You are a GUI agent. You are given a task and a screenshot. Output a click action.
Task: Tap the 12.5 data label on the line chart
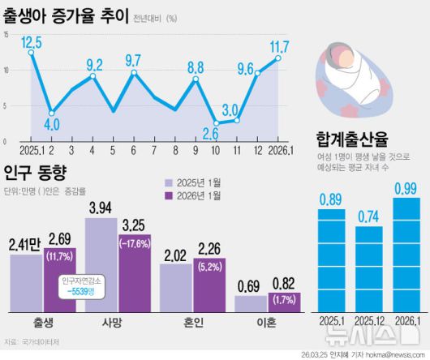(x=32, y=41)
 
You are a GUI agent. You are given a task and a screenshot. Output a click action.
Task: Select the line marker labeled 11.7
(x=278, y=58)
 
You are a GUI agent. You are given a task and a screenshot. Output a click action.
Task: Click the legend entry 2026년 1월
(x=200, y=195)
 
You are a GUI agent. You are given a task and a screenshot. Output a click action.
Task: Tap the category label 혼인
(x=191, y=322)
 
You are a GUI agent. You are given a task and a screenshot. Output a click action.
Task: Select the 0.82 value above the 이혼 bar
(x=284, y=284)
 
